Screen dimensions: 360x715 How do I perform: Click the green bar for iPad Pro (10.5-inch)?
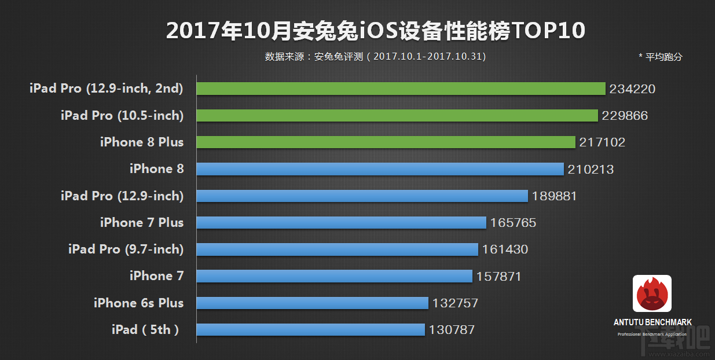[x=397, y=116]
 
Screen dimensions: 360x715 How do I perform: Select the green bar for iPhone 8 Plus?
[x=386, y=142]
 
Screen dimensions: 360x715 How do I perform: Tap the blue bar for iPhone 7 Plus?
[x=341, y=223]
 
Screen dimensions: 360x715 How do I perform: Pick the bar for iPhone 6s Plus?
[x=312, y=303]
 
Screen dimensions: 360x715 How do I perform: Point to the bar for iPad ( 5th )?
[x=310, y=330]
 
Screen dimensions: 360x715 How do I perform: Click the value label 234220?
[x=632, y=89]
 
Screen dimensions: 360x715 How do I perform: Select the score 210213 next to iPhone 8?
[x=591, y=170]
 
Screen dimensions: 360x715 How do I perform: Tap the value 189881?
[x=554, y=196]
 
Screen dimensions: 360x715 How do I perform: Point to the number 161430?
[x=505, y=249]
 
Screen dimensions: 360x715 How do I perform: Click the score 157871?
[x=498, y=277]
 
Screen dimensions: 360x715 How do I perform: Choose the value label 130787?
[x=452, y=330]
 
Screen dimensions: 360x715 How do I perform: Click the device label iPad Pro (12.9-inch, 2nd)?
[x=107, y=89]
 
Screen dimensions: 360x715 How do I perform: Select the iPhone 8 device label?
[x=156, y=169]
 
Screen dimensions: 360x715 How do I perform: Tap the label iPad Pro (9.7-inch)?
[x=126, y=249]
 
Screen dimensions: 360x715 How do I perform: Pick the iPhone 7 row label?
[x=156, y=276]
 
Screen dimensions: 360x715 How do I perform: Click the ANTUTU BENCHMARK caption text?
[x=652, y=322]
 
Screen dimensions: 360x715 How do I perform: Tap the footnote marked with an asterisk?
[x=660, y=57]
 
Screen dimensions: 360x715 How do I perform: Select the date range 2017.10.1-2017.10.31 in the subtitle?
[x=427, y=57]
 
